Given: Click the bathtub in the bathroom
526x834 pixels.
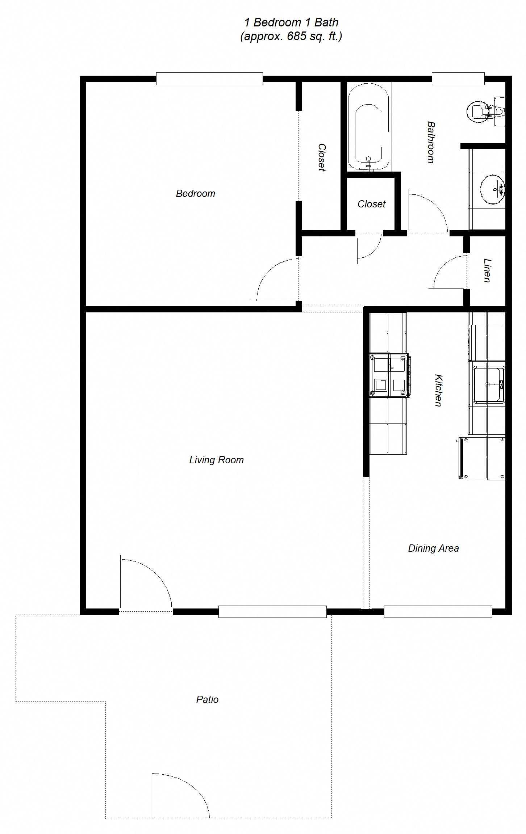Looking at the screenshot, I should (368, 127).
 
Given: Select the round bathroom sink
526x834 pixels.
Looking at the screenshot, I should (492, 189).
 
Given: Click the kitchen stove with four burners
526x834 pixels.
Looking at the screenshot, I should (389, 375).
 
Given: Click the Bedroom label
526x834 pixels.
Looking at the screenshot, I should (195, 194).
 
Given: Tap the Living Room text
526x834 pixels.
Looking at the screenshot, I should (216, 460).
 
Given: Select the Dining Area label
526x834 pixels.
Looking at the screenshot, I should (433, 548).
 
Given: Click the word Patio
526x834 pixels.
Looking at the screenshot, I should (207, 700).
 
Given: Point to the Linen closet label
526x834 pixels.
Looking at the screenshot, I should (488, 270).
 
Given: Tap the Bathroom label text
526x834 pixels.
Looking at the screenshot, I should (431, 142).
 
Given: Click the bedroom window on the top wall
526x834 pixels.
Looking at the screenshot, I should (209, 79).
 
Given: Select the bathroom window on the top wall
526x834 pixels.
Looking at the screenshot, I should (458, 79).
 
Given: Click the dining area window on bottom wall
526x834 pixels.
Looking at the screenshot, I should (438, 612).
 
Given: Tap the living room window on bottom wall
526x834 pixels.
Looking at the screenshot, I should (272, 612).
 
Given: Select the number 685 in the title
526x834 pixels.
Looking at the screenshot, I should (297, 36).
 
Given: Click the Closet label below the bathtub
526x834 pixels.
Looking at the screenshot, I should (371, 204).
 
